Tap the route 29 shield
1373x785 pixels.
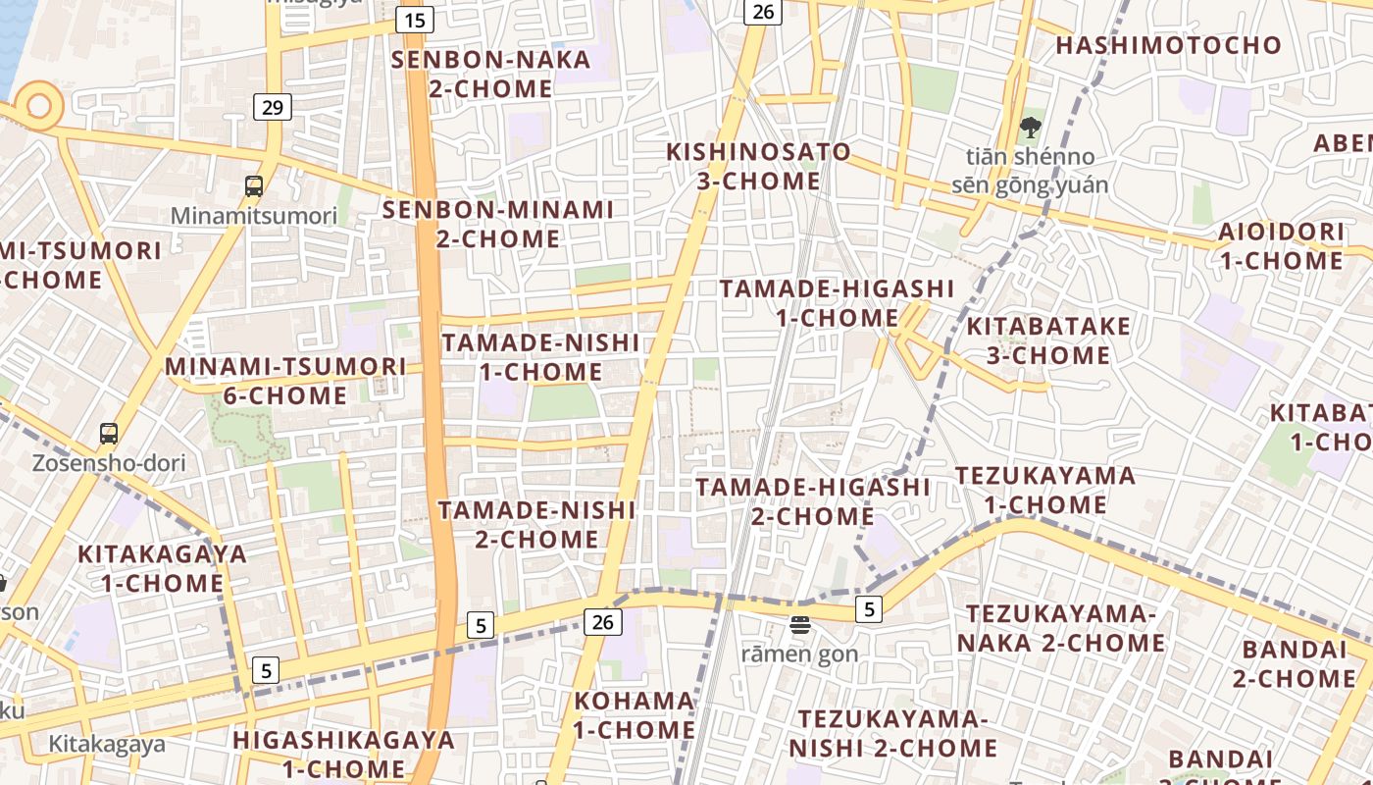pos(273,107)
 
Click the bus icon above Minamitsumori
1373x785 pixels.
pos(254,185)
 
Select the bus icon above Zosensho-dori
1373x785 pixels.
pos(109,433)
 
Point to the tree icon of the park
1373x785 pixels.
pos(1030,127)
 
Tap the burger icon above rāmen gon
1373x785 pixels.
pos(800,625)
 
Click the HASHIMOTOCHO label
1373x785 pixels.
pos(1168,45)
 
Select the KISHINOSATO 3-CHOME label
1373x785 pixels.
pos(758,167)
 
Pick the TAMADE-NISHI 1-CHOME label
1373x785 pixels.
pos(540,357)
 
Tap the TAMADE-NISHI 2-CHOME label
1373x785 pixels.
pos(536,525)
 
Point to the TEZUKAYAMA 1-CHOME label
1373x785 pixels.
pos(1045,491)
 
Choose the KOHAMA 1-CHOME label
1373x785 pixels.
pos(635,715)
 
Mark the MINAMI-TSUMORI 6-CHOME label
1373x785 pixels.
pos(284,381)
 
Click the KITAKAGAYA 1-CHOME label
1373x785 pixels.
pos(163,568)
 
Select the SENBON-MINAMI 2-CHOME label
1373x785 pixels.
pos(498,224)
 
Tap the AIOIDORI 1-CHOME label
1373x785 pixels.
pos(1281,246)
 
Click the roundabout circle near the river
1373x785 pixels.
pos(39,105)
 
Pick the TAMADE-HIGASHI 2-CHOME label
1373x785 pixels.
pos(812,501)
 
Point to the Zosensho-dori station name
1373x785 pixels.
pos(109,463)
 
